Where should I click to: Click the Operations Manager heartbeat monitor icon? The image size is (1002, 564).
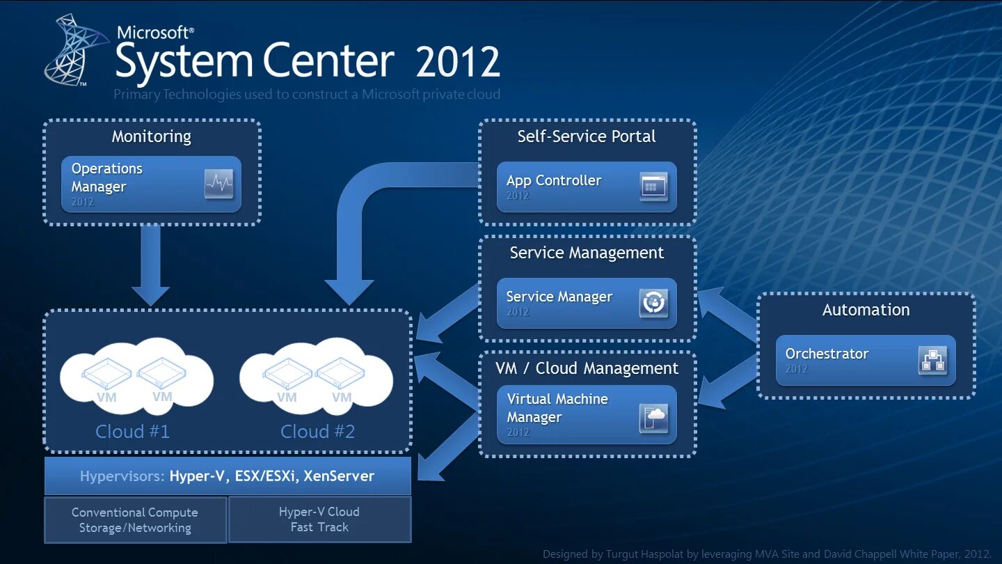[218, 184]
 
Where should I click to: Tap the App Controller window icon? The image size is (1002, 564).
[653, 187]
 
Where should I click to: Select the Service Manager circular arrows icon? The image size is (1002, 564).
[653, 304]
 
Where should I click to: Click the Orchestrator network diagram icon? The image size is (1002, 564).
[932, 361]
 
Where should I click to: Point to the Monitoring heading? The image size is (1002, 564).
[152, 136]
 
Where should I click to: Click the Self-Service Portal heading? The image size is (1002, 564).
[587, 136]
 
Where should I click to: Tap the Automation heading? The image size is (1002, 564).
[866, 310]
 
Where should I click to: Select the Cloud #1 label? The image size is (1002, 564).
[132, 432]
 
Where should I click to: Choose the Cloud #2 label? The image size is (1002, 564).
[317, 432]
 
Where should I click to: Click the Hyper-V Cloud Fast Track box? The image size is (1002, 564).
[319, 519]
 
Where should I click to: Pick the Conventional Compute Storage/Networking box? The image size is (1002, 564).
[135, 520]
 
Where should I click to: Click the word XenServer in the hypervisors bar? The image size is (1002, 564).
[339, 476]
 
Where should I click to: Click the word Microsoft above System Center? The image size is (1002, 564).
[154, 32]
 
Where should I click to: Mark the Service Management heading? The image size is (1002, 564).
[587, 253]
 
